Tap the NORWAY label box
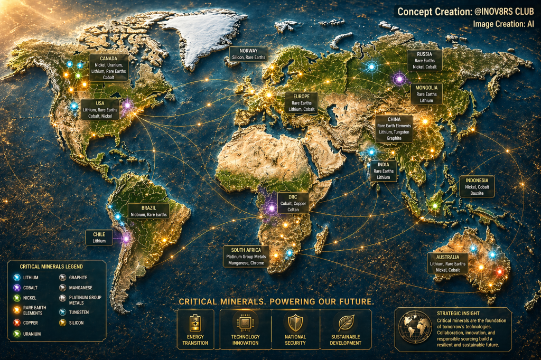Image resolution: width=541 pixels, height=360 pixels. (x=248, y=54)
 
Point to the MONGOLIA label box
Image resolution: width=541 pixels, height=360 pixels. (x=426, y=94)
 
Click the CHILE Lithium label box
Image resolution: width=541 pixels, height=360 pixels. (x=99, y=238)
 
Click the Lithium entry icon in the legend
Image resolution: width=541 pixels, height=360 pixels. (x=17, y=278)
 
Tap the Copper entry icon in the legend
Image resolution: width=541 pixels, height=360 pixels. (x=17, y=323)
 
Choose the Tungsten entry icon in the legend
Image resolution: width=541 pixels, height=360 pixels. (x=62, y=312)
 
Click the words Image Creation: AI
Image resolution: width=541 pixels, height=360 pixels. (x=503, y=24)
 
